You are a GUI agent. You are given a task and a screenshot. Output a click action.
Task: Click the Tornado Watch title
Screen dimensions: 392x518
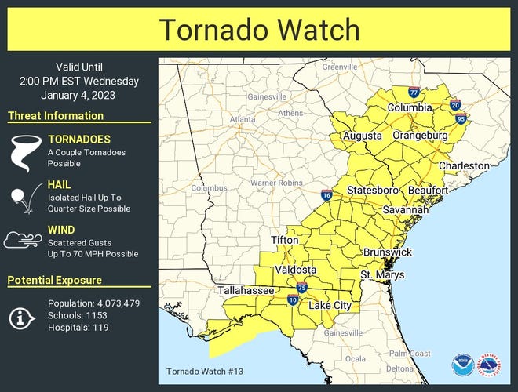coord(259,30)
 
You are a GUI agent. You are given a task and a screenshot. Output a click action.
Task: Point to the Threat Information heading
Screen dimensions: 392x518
coord(56,116)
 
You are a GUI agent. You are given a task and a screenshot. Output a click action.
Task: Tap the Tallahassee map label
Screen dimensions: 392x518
coord(246,291)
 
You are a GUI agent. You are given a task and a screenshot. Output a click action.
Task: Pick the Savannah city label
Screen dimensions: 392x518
coord(406,210)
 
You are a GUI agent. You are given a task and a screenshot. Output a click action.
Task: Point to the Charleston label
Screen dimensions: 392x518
coord(464,165)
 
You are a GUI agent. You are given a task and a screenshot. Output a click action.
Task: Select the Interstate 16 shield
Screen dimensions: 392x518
coord(326,195)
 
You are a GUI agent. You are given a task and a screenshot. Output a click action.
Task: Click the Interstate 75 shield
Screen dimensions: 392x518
coord(301,288)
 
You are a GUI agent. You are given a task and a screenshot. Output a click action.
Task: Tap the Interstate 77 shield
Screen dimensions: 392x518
coord(414,93)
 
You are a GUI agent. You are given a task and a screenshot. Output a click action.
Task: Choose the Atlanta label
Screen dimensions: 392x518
coord(243,119)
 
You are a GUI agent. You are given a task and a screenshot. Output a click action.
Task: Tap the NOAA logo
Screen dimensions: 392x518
coord(462,365)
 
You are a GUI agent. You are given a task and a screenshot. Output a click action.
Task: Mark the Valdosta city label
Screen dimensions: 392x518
coord(295,270)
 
